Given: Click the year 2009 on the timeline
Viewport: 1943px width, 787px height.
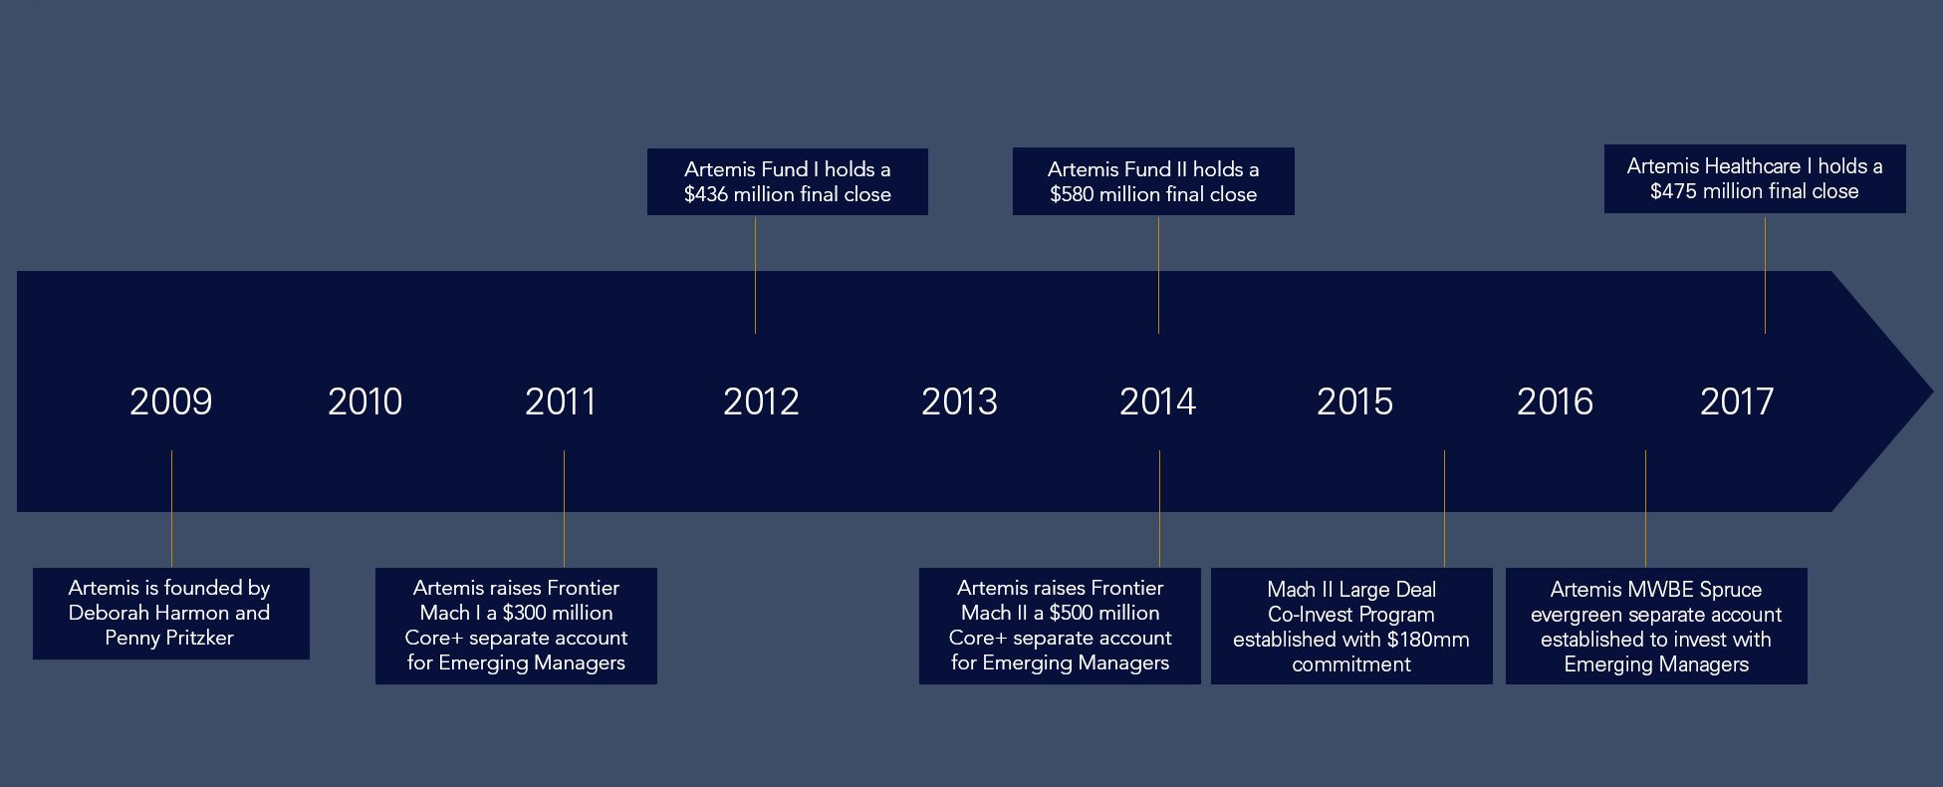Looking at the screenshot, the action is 170,401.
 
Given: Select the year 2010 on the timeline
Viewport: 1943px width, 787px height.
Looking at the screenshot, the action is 364,401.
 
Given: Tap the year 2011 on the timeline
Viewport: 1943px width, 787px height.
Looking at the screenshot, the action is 560,401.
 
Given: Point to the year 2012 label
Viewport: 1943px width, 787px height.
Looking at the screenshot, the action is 761,401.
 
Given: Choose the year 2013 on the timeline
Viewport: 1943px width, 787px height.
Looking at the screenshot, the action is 959,401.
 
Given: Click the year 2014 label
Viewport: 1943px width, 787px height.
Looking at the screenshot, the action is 1157,401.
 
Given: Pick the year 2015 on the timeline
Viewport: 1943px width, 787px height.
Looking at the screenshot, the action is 1354,401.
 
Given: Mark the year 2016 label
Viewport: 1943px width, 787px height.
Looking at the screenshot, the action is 1555,401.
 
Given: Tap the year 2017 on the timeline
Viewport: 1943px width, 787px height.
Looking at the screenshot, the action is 1737,401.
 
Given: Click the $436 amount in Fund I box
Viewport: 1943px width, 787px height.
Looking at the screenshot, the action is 705,194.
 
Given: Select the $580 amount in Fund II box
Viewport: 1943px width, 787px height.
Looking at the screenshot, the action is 1072,194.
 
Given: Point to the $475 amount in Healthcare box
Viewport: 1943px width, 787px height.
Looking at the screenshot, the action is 1673,191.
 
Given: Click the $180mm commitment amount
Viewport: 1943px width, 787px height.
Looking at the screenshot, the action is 1428,640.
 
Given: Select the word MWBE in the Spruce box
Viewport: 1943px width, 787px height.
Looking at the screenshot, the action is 1660,589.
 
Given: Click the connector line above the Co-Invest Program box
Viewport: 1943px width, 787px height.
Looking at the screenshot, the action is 1444,509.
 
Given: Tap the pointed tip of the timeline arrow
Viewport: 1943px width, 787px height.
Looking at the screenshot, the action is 1931,392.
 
